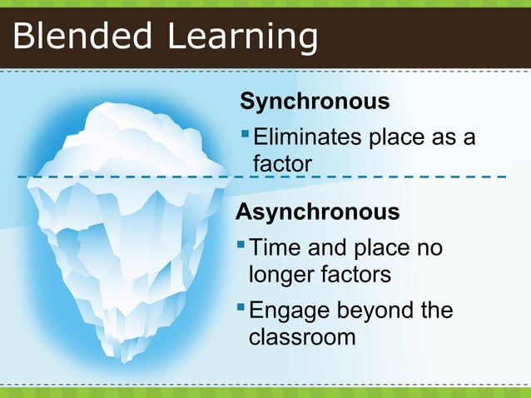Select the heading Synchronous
[x=315, y=102]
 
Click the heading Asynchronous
[x=317, y=211]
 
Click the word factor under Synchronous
[x=282, y=164]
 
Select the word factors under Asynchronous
[x=353, y=274]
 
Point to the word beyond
[x=374, y=311]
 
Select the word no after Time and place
[x=429, y=248]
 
